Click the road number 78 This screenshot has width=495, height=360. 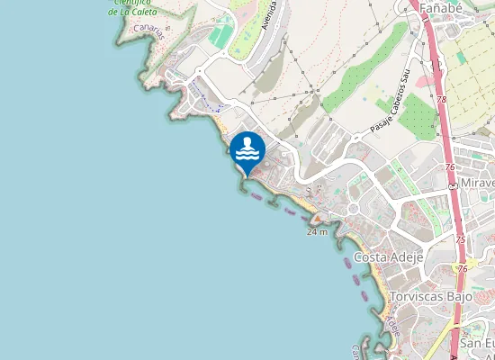pos(442,100)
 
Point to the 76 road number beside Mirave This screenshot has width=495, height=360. pos(450,167)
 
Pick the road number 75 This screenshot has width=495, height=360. pos(461,239)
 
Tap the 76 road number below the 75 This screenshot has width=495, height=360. pos(463,268)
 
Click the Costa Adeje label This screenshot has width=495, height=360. pos(389,257)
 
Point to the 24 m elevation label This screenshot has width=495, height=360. pos(317,231)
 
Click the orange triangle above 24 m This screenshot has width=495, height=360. pos(317,219)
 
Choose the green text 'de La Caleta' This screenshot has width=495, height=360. pos(134,12)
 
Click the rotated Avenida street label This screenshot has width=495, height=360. pos(268,16)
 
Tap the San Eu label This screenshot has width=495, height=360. pos(477,344)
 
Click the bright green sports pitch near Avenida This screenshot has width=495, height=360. pos(220,36)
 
